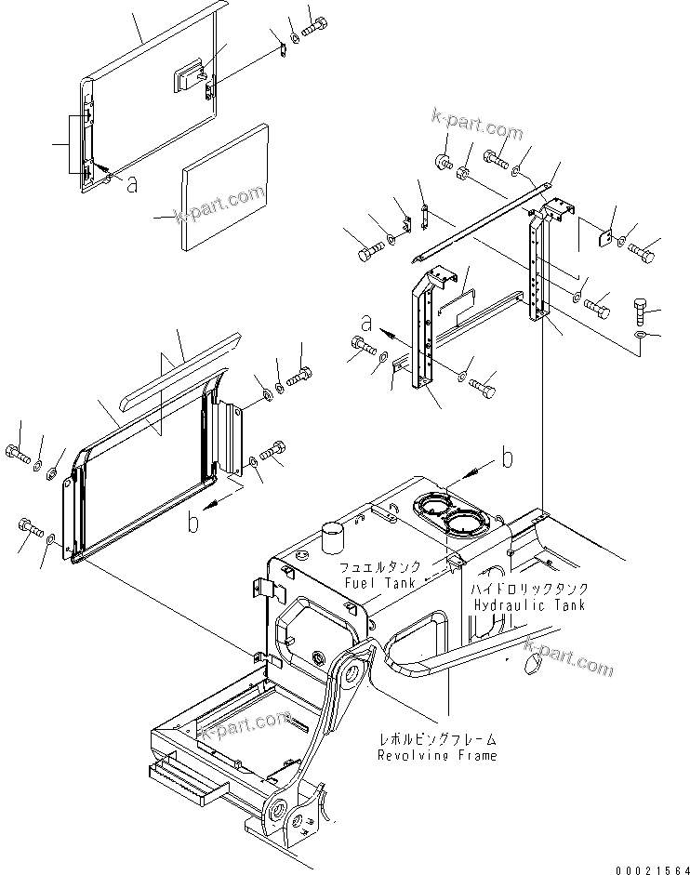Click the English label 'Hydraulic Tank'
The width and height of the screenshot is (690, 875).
point(529,605)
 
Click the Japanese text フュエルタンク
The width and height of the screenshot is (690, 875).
point(379,566)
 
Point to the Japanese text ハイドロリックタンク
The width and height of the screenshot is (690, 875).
point(528,590)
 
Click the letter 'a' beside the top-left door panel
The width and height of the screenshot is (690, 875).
point(133,185)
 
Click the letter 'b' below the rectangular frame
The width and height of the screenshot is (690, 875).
point(220,524)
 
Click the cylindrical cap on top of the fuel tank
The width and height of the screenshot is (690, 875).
point(358,537)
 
